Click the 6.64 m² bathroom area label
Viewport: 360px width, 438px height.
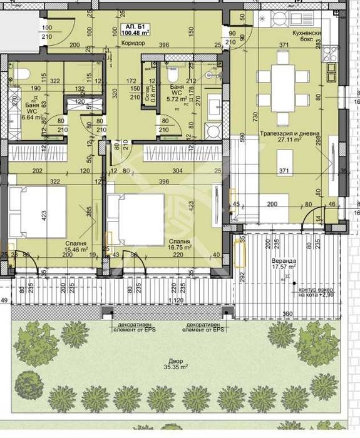[31, 116]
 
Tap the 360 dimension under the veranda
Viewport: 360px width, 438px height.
[287, 313]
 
